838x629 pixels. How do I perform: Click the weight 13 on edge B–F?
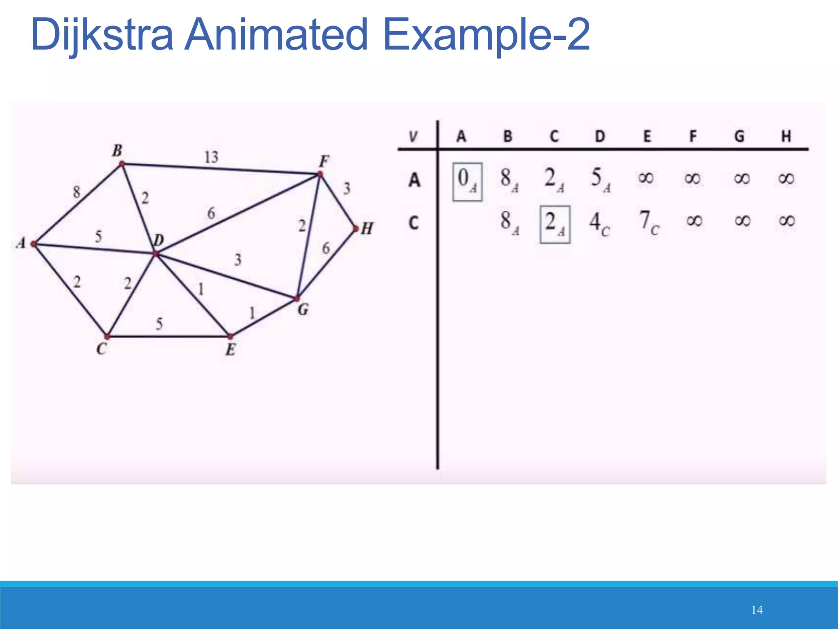coord(212,157)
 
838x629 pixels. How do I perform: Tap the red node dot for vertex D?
coord(155,254)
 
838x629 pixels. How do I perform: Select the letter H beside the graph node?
coord(367,229)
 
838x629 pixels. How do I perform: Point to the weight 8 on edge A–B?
coord(77,192)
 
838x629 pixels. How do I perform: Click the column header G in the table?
coord(739,136)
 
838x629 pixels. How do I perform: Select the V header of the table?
coord(413,136)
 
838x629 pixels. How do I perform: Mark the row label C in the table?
coord(414,223)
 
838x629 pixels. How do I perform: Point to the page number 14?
coord(757,610)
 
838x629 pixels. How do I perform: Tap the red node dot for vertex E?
coord(230,337)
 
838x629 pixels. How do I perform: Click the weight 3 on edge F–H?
coord(347,188)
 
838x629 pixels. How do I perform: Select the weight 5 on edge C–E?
coord(159,324)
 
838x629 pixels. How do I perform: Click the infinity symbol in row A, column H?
coord(786,179)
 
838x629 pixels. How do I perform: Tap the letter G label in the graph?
coord(303,310)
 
